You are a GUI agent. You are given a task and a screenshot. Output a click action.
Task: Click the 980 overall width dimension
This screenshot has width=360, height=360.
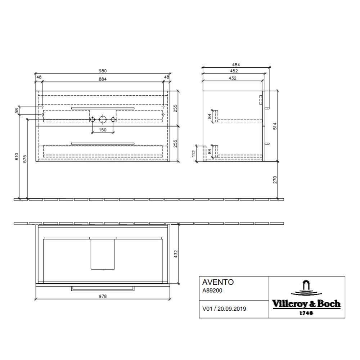[102, 71]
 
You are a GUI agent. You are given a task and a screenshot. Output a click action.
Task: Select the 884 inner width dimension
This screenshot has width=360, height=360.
[102, 79]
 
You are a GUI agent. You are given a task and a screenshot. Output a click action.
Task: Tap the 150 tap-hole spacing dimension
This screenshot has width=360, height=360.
[102, 130]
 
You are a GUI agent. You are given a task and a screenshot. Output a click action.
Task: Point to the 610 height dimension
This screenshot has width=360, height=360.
[17, 157]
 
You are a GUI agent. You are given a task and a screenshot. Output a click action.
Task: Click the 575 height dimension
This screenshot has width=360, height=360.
[25, 159]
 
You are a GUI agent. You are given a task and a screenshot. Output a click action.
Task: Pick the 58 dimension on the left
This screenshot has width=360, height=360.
[17, 111]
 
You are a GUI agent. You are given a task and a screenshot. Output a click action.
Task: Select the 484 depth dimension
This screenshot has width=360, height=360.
[236, 65]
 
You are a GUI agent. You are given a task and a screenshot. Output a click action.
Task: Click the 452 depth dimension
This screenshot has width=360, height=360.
[234, 71]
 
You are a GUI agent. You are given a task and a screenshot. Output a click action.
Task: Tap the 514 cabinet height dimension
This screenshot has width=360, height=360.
[275, 126]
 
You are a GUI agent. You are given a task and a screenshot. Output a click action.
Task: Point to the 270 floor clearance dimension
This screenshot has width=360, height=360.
[275, 180]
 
